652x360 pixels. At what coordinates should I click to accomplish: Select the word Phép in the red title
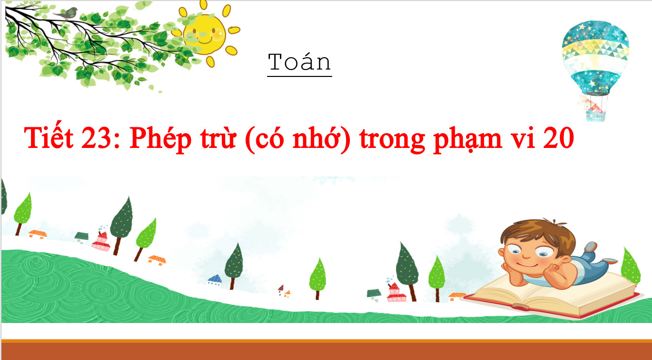[x=160, y=139]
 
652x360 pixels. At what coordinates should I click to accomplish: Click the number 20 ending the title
[x=558, y=138]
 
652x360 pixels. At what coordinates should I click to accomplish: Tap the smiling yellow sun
[x=206, y=34]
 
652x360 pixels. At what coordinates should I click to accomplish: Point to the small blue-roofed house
[x=215, y=280]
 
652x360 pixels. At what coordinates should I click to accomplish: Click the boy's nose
[x=527, y=255]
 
